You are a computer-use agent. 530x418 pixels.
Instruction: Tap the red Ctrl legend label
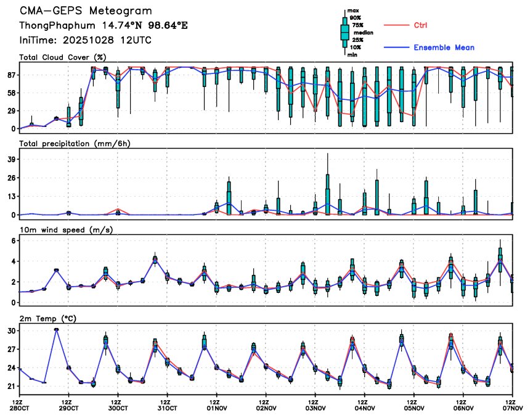point(420,25)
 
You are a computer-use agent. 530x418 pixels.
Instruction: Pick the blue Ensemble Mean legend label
point(444,47)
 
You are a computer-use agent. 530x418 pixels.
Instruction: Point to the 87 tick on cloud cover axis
point(10,75)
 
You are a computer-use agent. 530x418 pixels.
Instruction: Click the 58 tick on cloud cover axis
point(10,92)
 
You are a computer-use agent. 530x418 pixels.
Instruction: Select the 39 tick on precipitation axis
point(10,160)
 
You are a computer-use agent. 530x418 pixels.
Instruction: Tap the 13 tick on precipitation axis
point(10,197)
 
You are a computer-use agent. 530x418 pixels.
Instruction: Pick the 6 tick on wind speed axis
point(12,240)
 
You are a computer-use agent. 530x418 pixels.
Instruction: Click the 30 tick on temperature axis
point(10,331)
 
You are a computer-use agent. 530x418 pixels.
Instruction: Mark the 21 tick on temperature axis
point(10,387)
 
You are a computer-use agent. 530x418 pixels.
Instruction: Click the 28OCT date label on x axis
point(19,408)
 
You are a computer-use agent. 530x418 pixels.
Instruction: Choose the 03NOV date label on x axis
point(315,408)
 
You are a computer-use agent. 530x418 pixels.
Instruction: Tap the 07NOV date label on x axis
point(513,408)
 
